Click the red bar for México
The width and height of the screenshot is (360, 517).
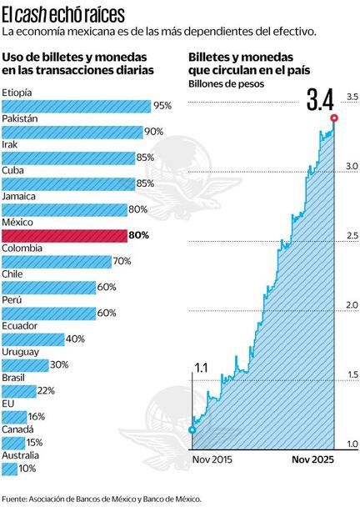[x=63, y=236]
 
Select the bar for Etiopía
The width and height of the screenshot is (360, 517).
[x=76, y=106]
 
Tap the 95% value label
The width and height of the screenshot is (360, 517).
[x=162, y=106]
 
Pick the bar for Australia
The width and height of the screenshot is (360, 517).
[x=9, y=469]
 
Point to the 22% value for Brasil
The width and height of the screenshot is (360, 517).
[x=47, y=391]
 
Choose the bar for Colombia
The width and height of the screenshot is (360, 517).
[x=56, y=262]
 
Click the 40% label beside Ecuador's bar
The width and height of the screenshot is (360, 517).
[x=75, y=339]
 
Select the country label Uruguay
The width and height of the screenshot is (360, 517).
[x=20, y=352]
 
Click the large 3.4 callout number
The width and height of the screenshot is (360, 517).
[x=320, y=101]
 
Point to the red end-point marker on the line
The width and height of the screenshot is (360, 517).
[x=334, y=118]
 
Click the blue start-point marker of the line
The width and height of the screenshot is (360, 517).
[x=192, y=429]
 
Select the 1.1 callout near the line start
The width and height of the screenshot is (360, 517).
[x=201, y=367]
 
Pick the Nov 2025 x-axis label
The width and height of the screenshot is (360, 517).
[x=314, y=459]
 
